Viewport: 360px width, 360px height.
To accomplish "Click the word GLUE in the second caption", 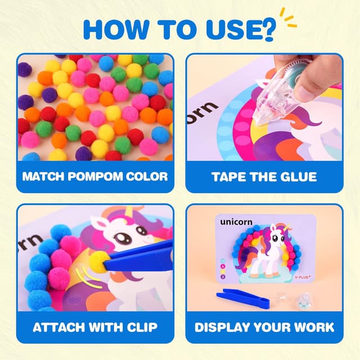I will tap(299, 177).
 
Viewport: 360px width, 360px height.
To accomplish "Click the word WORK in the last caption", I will tap(312, 327).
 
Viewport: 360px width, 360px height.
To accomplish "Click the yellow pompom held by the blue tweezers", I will tap(100, 260).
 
